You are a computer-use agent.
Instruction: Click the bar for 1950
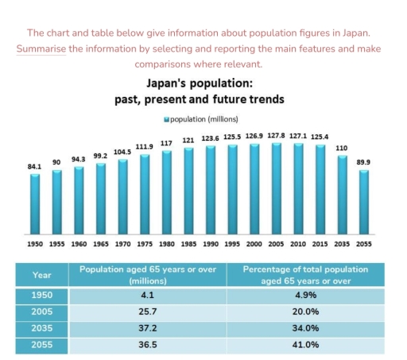click(35, 203)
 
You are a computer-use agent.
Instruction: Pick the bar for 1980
click(166, 191)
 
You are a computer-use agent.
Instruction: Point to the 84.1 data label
click(35, 167)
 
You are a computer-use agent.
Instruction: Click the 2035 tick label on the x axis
click(342, 245)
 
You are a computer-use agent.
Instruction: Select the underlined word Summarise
click(41, 48)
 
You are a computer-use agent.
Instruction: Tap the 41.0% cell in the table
click(306, 345)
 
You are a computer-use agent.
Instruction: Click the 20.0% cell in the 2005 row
click(306, 312)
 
